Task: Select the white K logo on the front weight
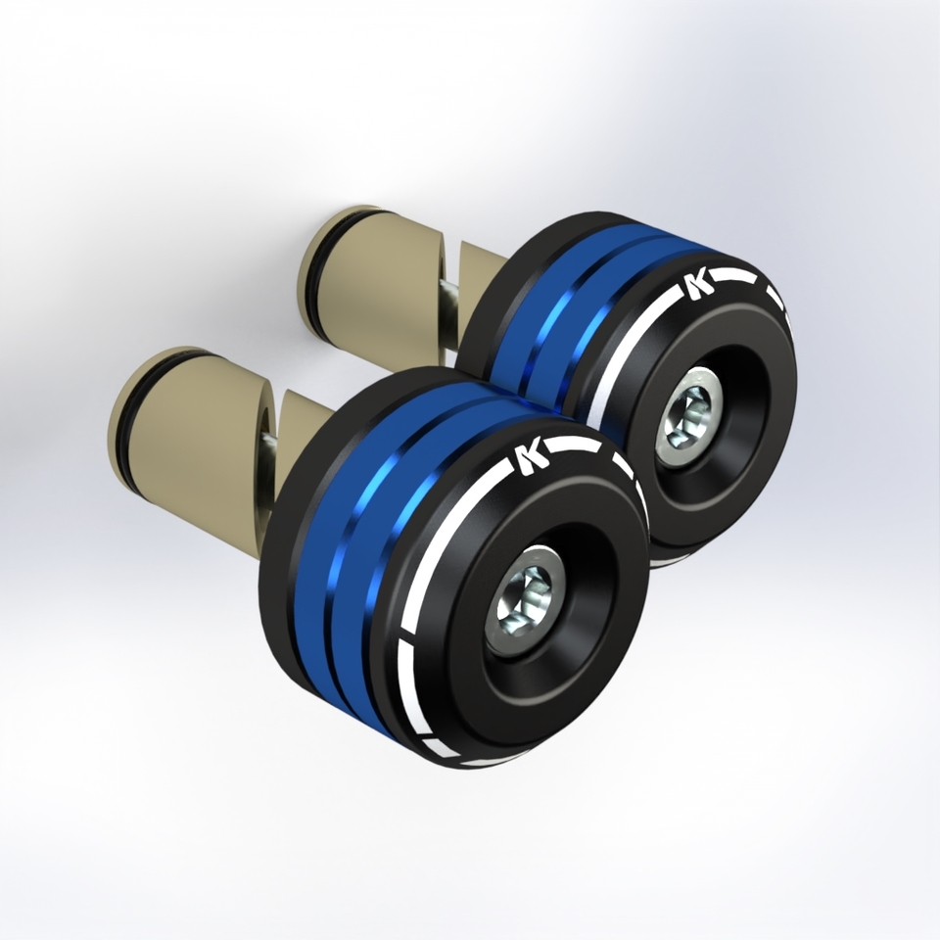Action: (529, 458)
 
